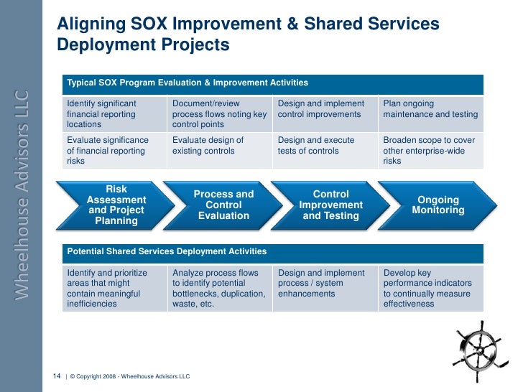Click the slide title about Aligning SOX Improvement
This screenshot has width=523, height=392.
pyautogui.click(x=248, y=34)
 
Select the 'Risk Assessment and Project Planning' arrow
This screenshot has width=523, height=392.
pyautogui.click(x=116, y=205)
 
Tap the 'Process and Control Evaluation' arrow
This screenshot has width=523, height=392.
pyautogui.click(x=224, y=205)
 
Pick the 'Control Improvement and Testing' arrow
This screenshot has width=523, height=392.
pyautogui.click(x=330, y=205)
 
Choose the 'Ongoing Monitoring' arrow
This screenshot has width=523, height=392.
pyautogui.click(x=438, y=205)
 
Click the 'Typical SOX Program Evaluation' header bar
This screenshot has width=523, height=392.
pyautogui.click(x=273, y=84)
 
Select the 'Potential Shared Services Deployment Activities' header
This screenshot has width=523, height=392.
pyautogui.click(x=273, y=252)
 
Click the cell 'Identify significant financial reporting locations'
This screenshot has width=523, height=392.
pyautogui.click(x=114, y=113)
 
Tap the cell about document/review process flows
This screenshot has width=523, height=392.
pyautogui.click(x=219, y=113)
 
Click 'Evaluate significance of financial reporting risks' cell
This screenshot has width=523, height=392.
pyautogui.click(x=114, y=151)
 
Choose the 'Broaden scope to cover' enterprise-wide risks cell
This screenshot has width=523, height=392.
pyautogui.click(x=430, y=151)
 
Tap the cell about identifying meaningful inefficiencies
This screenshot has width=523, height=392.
pyautogui.click(x=114, y=288)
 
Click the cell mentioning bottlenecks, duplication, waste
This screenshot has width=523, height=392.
pyautogui.click(x=219, y=288)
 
